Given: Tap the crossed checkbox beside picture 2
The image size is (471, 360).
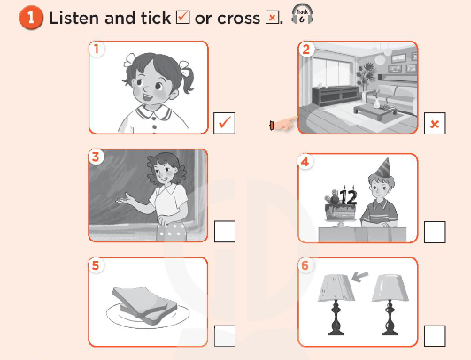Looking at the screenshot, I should pos(435,124).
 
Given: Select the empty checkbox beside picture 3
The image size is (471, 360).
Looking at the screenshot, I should pos(225,232).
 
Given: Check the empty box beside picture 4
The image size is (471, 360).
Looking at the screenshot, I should pos(435,232).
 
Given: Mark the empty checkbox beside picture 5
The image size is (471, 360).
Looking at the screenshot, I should pos(225,336).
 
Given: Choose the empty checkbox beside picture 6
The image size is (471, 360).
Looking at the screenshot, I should pos(435,336).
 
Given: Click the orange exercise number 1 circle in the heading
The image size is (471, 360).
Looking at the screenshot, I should pos(32,18).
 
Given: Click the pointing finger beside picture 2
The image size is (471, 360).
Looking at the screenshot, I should pos(282,126).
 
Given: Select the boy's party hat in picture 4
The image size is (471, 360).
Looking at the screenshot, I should pos(382,168).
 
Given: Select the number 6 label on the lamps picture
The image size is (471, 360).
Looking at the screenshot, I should pos(306,264).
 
